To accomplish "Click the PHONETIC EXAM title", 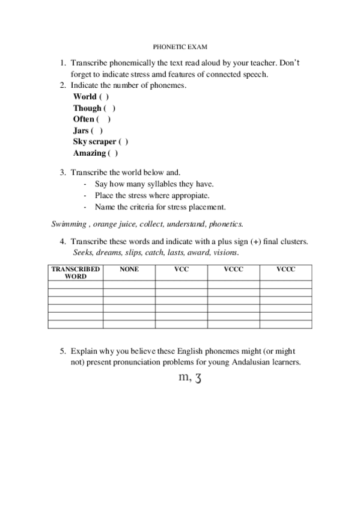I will click(180, 45).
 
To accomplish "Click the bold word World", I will click(85, 97).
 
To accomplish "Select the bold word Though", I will click(87, 108).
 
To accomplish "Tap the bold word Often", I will click(84, 119).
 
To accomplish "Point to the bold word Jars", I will click(81, 131).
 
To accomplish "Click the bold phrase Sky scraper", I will click(94, 142).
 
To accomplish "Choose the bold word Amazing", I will click(89, 153).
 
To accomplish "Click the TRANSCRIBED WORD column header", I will click(75, 273).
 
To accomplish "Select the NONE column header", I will click(129, 270).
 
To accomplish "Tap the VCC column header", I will click(182, 270).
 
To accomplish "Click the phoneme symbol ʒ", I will click(196, 378).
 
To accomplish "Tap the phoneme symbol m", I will click(183, 378).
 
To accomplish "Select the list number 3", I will click(63, 173).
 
